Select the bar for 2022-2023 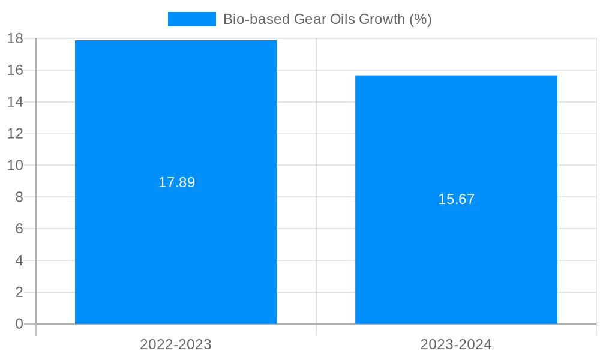[x=176, y=240]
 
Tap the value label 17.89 [x=176, y=182]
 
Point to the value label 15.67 [x=456, y=199]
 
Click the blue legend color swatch [x=191, y=19]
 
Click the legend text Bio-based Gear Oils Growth [x=327, y=19]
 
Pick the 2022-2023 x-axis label [x=176, y=344]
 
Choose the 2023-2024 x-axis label [x=456, y=344]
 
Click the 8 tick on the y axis [x=19, y=197]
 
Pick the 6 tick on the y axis [x=19, y=229]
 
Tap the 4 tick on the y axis [x=19, y=260]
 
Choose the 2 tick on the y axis [x=19, y=292]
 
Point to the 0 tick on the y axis [x=19, y=324]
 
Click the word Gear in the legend [x=310, y=19]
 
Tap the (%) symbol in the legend [x=420, y=19]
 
